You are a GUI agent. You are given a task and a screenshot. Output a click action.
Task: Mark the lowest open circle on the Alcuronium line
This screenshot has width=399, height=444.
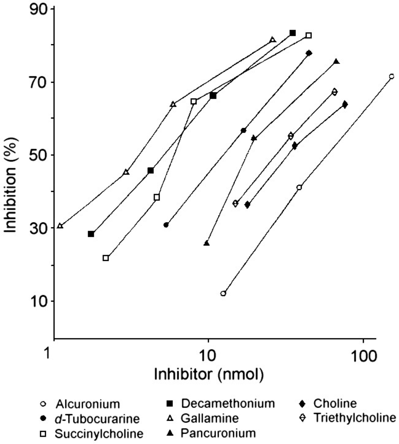[x=223, y=293]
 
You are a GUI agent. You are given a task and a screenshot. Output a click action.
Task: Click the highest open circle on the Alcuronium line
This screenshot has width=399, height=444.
[x=392, y=76]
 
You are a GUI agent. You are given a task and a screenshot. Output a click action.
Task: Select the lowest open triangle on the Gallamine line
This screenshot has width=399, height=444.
[x=60, y=226]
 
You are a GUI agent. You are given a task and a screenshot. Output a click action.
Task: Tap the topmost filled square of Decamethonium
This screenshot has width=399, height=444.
[x=293, y=33]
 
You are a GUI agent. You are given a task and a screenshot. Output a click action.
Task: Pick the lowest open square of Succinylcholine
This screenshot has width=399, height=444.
[x=106, y=258]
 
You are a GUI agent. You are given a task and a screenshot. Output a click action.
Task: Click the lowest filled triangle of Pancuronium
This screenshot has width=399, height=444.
[x=207, y=243]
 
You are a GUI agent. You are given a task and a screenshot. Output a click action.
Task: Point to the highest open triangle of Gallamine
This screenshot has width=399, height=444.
[x=272, y=40]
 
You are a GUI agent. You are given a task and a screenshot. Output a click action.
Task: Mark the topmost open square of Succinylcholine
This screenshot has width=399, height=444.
[x=309, y=35]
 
